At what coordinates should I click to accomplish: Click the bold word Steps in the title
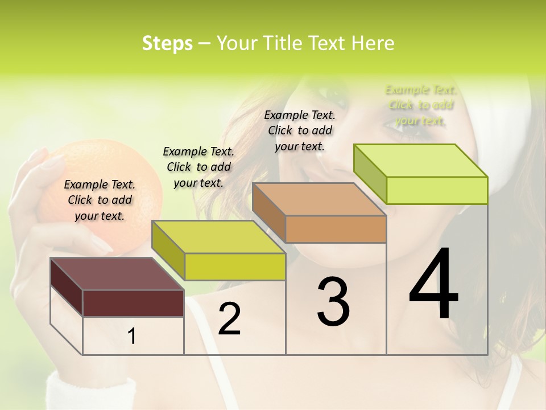(x=167, y=43)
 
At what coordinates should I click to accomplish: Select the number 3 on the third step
(x=333, y=302)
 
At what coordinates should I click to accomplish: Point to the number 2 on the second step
(x=229, y=319)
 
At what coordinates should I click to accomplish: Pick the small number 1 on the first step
(x=132, y=337)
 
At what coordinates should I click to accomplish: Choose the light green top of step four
(x=421, y=160)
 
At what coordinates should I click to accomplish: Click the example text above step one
(x=100, y=200)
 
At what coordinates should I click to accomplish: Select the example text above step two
(x=198, y=167)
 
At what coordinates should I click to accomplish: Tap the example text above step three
(x=300, y=130)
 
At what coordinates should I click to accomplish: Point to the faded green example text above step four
(x=420, y=105)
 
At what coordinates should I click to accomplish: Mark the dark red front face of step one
(x=133, y=303)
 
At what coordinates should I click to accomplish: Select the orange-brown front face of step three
(x=336, y=229)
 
